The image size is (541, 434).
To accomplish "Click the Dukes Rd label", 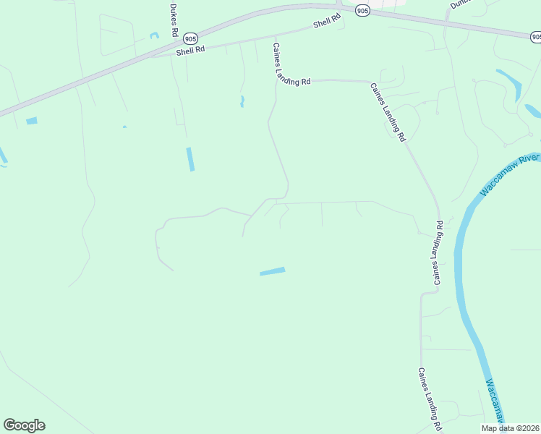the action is pyautogui.click(x=173, y=20).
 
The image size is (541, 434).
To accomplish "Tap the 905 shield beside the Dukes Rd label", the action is pyautogui.click(x=189, y=38).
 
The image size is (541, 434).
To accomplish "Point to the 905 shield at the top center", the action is pyautogui.click(x=363, y=10).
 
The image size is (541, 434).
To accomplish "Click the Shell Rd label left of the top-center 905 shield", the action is pyautogui.click(x=327, y=23).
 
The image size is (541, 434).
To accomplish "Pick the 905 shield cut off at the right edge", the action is pyautogui.click(x=536, y=35).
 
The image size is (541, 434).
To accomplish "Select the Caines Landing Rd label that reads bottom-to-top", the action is pyautogui.click(x=438, y=253).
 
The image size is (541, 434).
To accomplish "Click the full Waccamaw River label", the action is pyautogui.click(x=509, y=174).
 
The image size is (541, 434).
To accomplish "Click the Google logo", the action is pyautogui.click(x=24, y=425).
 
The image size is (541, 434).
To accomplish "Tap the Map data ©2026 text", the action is pyautogui.click(x=509, y=428).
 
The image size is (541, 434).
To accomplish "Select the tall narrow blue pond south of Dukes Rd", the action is pyautogui.click(x=190, y=159).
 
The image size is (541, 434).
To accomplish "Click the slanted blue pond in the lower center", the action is pyautogui.click(x=273, y=271).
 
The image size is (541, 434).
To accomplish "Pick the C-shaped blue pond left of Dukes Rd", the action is pyautogui.click(x=154, y=35).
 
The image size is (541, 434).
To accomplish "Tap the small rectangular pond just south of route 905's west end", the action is pyautogui.click(x=31, y=121).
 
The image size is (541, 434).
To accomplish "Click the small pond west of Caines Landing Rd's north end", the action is pyautogui.click(x=242, y=101).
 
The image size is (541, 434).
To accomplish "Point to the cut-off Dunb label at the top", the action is pyautogui.click(x=460, y=4).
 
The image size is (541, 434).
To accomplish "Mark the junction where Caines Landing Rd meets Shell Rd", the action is pyautogui.click(x=275, y=37).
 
